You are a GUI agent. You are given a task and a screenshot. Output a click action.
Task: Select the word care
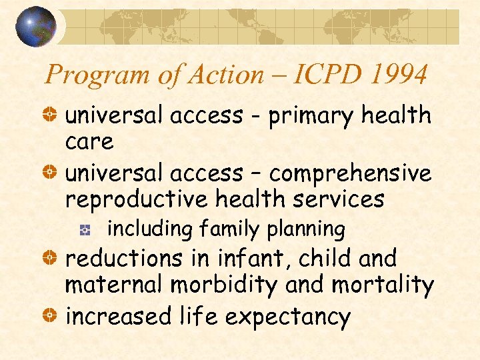tap(89, 142)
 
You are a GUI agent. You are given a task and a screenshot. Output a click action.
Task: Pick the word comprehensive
tap(350, 173)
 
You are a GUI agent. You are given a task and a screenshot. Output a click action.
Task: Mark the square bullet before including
tap(85, 230)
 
